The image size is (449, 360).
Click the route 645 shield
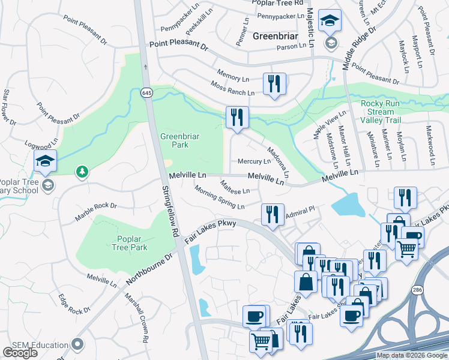point(147,93)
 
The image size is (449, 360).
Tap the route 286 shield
point(417,290)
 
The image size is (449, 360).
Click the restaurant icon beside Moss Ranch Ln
point(274,83)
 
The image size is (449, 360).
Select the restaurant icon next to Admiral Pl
point(273,214)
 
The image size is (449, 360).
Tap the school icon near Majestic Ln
point(330,22)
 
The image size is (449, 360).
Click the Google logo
point(20,353)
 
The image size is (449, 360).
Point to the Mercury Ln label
point(254,161)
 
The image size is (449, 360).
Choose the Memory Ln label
point(233,79)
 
